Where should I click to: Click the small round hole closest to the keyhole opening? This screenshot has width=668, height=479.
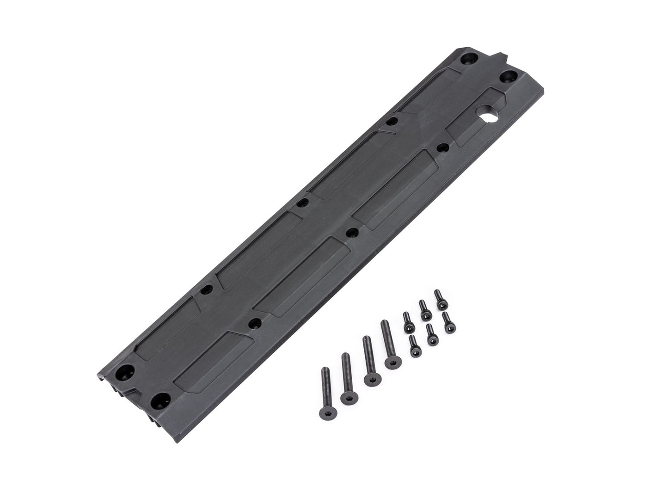pyautogui.click(x=442, y=148)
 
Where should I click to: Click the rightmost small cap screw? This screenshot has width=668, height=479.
pyautogui.click(x=447, y=322)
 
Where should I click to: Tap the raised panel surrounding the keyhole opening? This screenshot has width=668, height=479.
pyautogui.click(x=476, y=116)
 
